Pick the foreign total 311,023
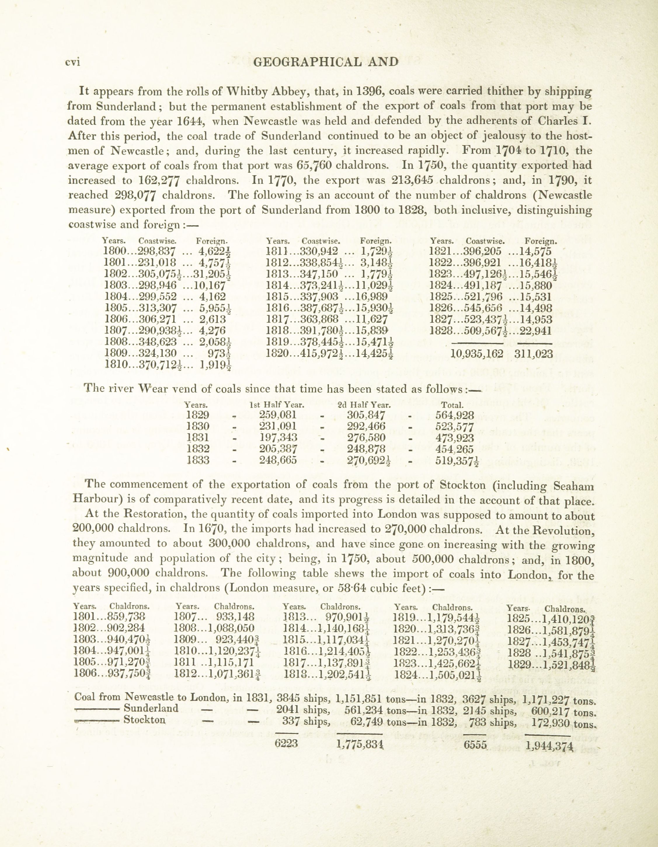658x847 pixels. [533, 354]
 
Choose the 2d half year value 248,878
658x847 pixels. [366, 449]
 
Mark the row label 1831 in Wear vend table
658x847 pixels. [198, 438]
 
